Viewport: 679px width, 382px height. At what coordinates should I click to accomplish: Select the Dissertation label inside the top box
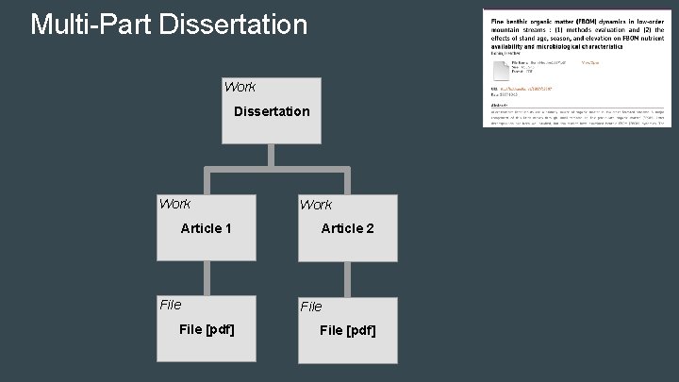(272, 111)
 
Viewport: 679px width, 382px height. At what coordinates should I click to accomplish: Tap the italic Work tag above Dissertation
(240, 88)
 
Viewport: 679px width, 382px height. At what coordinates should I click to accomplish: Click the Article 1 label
(206, 228)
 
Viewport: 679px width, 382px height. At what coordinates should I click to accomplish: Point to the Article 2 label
(347, 228)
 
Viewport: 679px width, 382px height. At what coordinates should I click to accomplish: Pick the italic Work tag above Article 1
(174, 204)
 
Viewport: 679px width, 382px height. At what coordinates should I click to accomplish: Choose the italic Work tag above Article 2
(316, 205)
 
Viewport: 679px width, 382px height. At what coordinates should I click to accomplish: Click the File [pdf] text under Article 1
(207, 328)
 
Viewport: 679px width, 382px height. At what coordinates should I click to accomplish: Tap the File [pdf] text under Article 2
(348, 329)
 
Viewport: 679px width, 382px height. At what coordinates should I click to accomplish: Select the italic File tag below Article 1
(171, 305)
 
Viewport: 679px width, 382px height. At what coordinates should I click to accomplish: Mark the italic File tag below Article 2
(311, 307)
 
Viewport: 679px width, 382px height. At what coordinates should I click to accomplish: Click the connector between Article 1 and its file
(206, 277)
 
